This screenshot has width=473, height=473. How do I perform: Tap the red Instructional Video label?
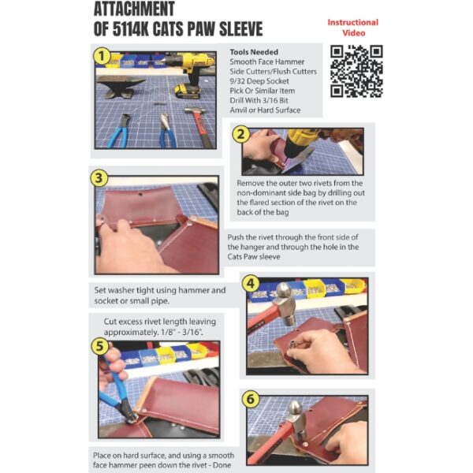352,28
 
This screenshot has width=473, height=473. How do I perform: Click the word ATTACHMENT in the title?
143,11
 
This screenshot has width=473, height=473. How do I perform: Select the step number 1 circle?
102,56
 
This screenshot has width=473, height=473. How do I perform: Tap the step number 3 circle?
99,178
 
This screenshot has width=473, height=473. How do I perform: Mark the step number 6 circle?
251,400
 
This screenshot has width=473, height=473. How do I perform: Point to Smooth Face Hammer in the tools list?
269,61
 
